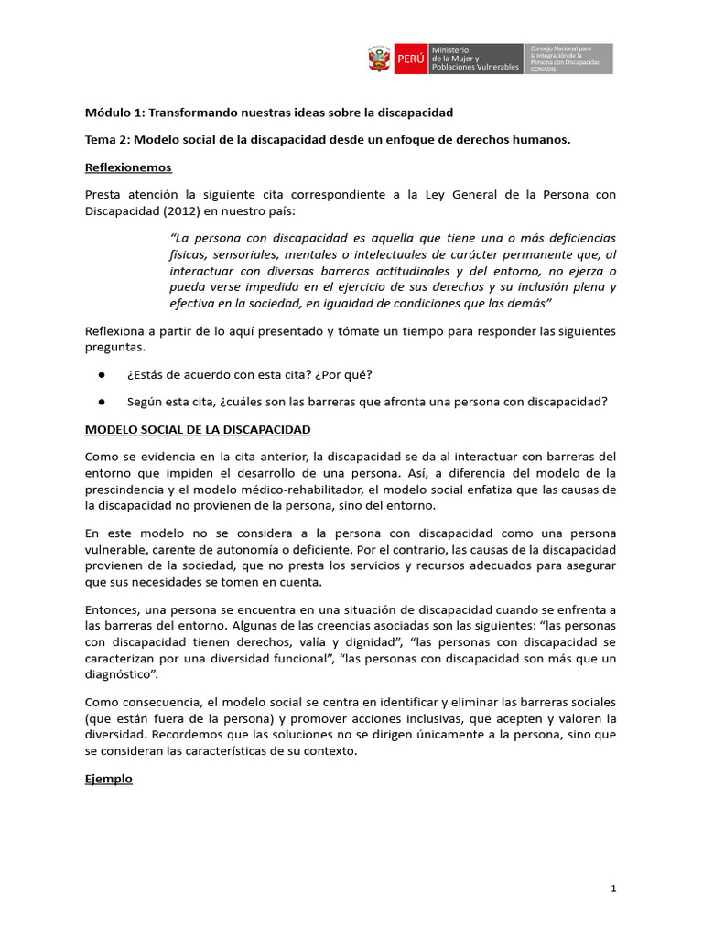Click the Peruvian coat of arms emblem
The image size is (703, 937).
[x=379, y=59]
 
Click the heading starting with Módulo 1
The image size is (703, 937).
[x=269, y=112]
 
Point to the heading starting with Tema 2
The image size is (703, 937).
[x=328, y=139]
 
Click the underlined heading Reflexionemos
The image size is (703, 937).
[x=128, y=167]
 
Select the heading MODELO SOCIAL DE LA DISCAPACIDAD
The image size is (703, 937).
[x=198, y=429]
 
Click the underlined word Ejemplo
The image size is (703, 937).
[x=109, y=779]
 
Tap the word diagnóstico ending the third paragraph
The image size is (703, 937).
[x=121, y=675]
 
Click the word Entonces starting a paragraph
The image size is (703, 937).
[x=114, y=609]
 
